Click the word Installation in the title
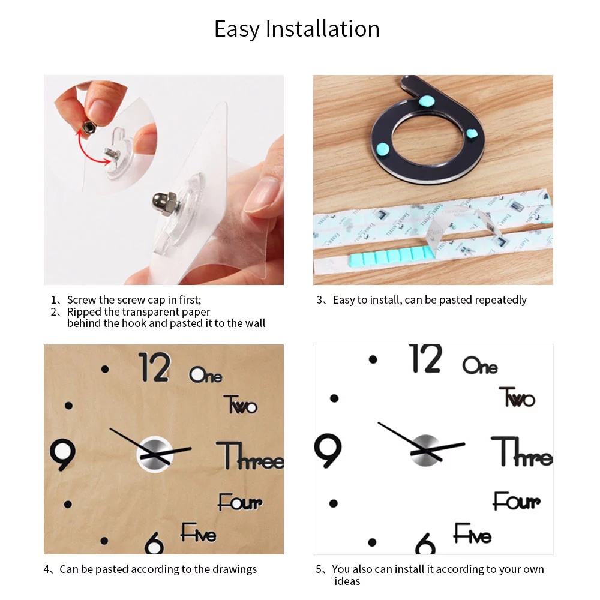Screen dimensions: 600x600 [x=323, y=29]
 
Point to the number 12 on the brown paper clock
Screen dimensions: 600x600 [x=154, y=367]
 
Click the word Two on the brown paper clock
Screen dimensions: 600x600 [x=241, y=404]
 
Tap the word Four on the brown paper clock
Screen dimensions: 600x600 [x=241, y=502]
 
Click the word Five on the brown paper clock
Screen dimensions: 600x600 [x=199, y=532]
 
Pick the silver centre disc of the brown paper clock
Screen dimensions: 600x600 [x=155, y=454]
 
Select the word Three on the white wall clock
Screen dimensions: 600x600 [x=522, y=452]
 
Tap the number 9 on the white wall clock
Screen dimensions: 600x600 [x=328, y=451]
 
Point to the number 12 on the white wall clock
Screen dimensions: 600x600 [x=426, y=358]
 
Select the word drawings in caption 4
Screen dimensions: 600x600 [x=235, y=569]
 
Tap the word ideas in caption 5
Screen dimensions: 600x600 [x=347, y=581]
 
